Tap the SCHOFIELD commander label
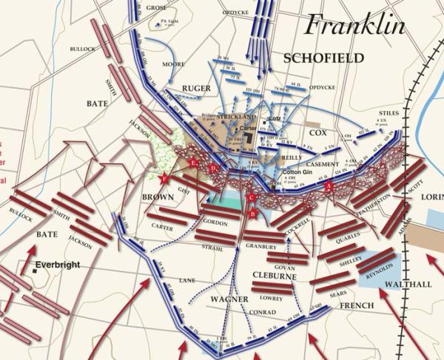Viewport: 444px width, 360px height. pyautogui.click(x=323, y=58)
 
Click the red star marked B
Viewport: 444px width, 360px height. pyautogui.click(x=252, y=214)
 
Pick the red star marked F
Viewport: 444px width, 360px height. pyautogui.click(x=164, y=177)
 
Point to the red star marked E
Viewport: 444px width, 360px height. pyautogui.click(x=194, y=162)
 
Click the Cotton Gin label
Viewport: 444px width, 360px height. pyautogui.click(x=297, y=171)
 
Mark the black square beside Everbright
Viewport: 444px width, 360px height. pyautogui.click(x=36, y=271)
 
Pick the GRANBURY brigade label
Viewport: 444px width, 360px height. pyautogui.click(x=260, y=246)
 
